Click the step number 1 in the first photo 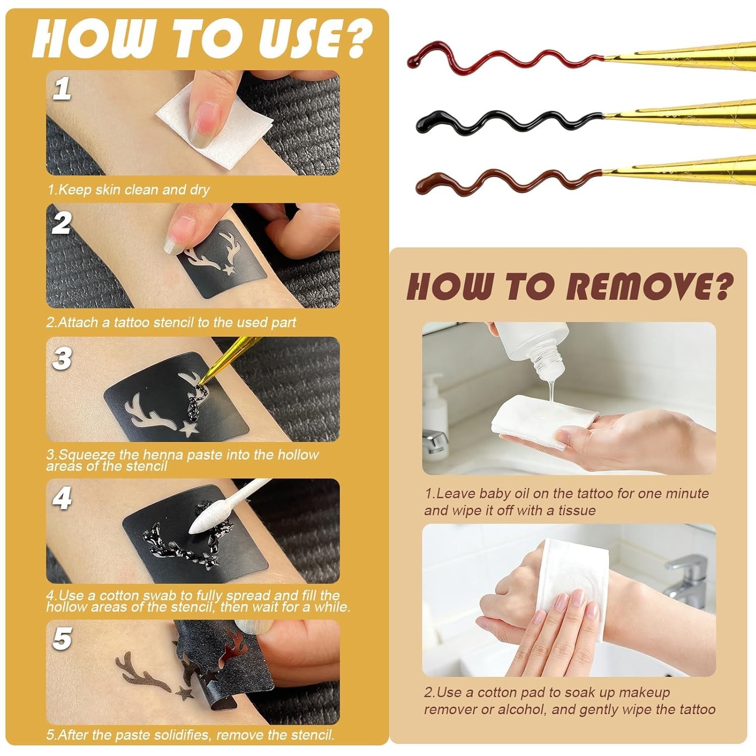[62, 89]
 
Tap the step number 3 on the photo [62, 359]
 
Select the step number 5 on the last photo [62, 639]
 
